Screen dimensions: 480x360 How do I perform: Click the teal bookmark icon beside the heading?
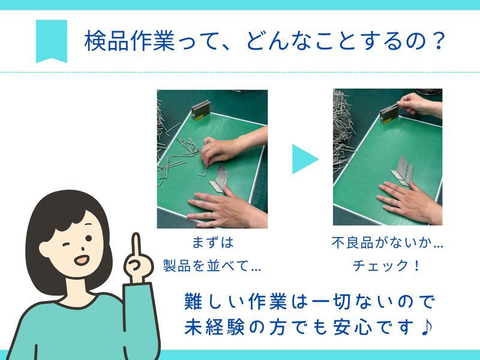pyautogui.click(x=52, y=41)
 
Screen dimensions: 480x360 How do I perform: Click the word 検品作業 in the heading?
pyautogui.click(x=130, y=41)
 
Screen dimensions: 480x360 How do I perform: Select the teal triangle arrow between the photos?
pyautogui.click(x=305, y=159)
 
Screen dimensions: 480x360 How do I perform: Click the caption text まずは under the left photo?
pyautogui.click(x=213, y=242)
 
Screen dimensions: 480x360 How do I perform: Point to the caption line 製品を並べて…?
pyautogui.click(x=212, y=265)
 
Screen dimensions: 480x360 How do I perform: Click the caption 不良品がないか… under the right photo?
pyautogui.click(x=387, y=242)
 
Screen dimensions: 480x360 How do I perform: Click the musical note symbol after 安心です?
pyautogui.click(x=427, y=327)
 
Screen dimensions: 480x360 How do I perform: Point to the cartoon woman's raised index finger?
pyautogui.click(x=137, y=245)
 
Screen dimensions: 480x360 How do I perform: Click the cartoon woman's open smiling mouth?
pyautogui.click(x=82, y=260)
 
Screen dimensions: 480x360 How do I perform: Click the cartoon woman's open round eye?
pyautogui.click(x=88, y=238)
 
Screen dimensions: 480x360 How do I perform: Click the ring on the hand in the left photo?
pyautogui.click(x=211, y=216)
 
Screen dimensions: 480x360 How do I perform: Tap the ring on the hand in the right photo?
pyautogui.click(x=397, y=203)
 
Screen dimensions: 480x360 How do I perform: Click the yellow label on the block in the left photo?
pyautogui.click(x=199, y=117)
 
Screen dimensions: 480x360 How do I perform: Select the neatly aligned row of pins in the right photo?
pyautogui.click(x=402, y=170)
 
